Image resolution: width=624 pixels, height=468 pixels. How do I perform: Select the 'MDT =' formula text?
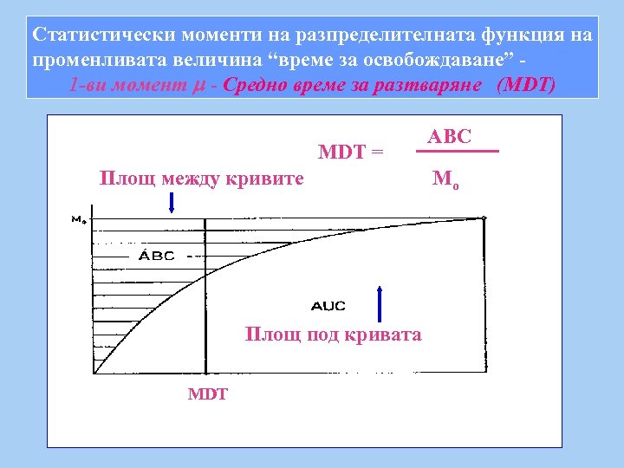point(351,153)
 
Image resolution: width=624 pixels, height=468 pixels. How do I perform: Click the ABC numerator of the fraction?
point(449,137)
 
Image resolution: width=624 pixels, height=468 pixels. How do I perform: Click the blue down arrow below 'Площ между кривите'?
point(172,203)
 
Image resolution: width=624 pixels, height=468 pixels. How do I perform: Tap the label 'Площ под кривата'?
point(334,335)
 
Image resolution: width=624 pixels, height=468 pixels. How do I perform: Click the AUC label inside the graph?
point(328,305)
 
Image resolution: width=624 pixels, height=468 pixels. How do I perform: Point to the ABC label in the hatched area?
point(157,256)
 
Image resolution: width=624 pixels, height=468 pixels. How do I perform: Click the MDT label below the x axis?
point(208,394)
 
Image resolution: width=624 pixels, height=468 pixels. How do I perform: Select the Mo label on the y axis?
point(78,219)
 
